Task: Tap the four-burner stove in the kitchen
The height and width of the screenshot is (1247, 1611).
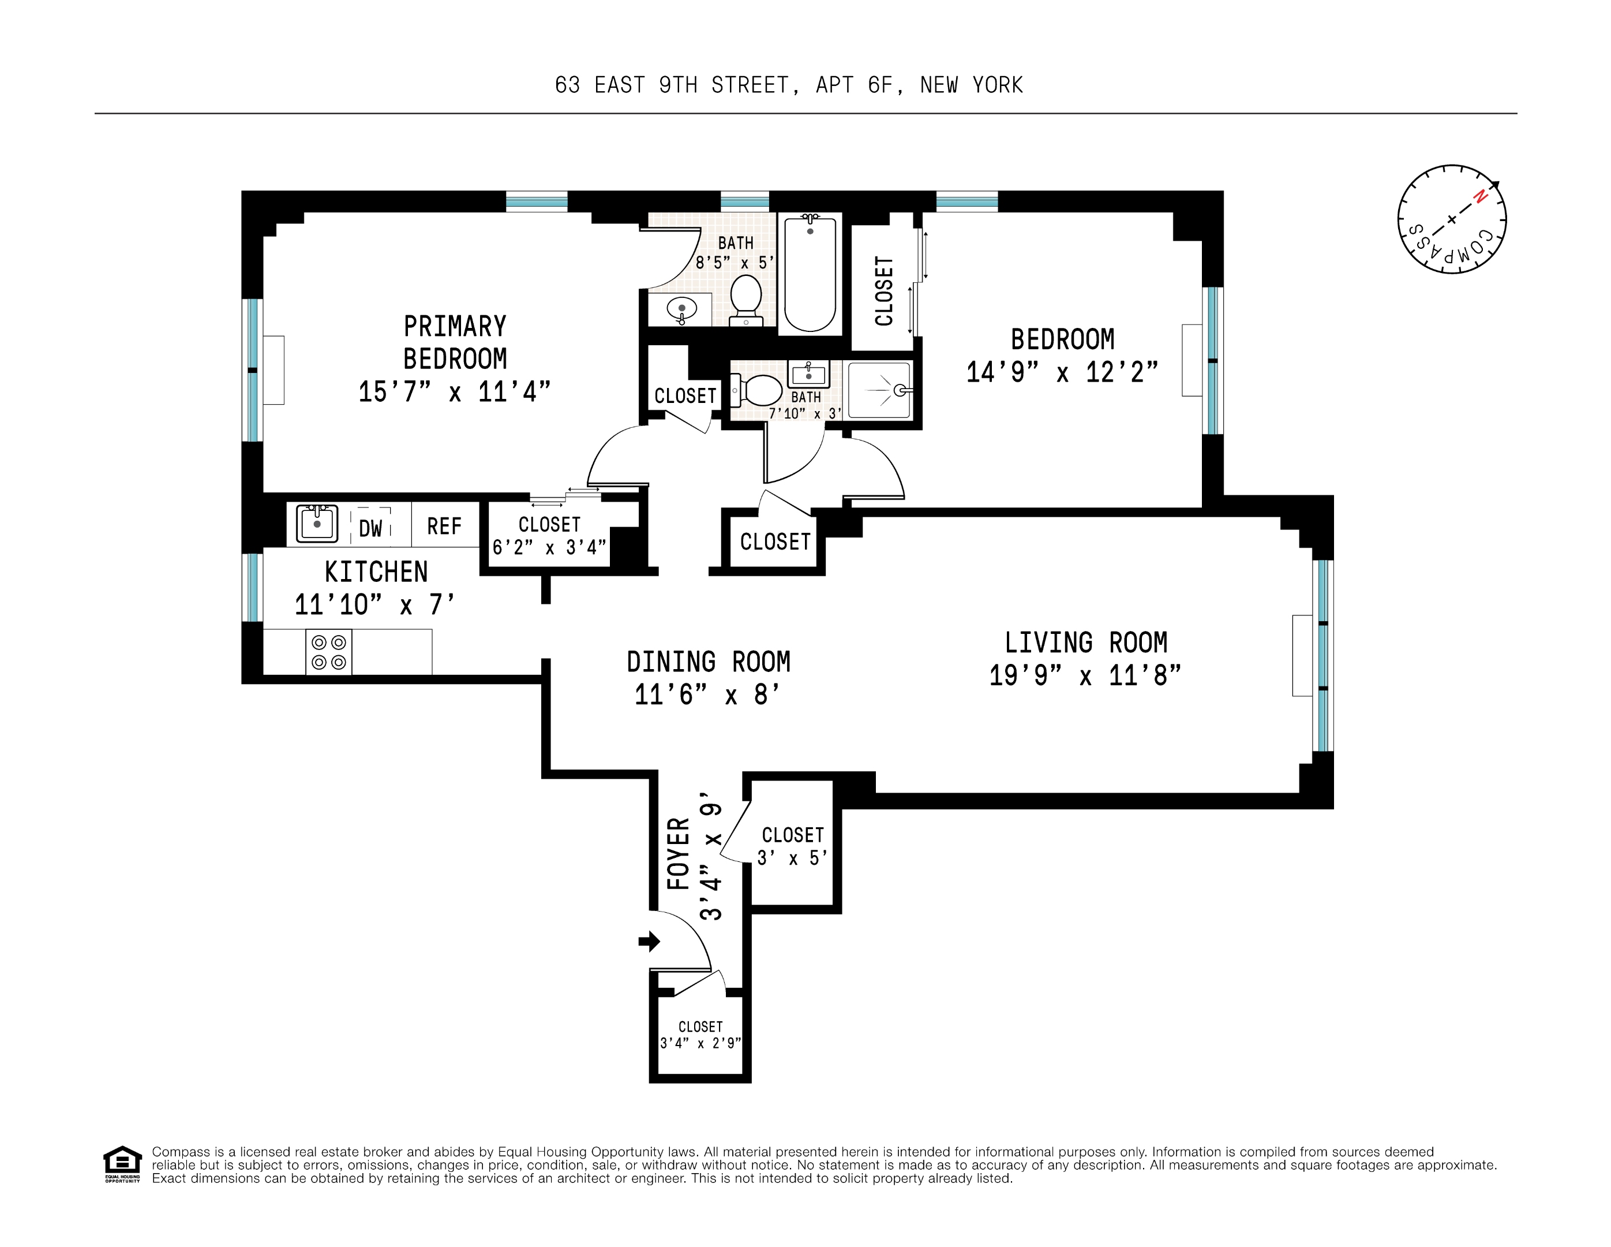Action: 329,652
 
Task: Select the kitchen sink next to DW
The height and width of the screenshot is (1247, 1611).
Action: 317,524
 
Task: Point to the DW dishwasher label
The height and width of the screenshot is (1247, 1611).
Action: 370,528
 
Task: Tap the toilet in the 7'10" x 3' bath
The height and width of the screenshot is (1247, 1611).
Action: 757,390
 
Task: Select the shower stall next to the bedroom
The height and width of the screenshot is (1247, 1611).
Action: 879,390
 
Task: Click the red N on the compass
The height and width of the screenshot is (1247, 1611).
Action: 1479,197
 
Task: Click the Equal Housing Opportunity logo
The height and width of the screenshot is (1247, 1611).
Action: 122,1164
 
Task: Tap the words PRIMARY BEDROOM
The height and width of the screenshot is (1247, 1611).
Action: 455,342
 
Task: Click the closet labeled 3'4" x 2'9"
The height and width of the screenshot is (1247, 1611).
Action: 700,1035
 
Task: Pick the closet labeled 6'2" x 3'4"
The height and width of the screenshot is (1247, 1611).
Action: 549,535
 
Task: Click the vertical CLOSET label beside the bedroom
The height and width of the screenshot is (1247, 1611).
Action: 884,291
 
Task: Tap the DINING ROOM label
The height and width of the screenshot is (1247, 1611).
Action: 708,662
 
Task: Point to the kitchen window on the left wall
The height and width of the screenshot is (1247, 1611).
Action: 252,587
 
